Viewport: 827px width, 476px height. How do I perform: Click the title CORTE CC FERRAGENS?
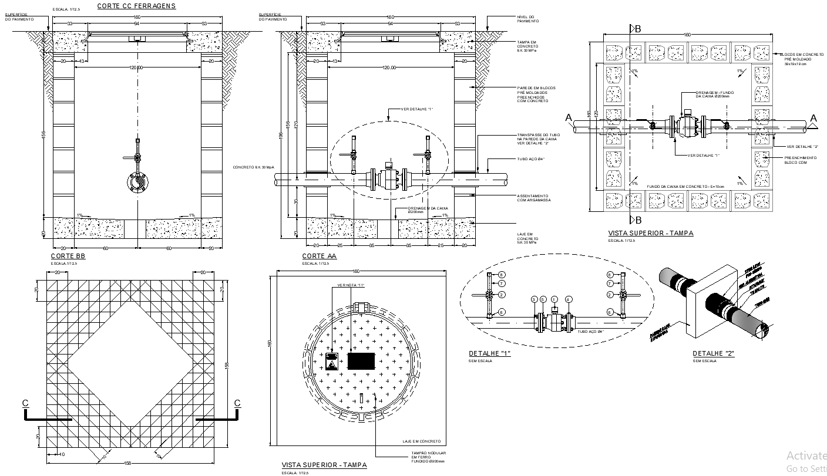pos(136,6)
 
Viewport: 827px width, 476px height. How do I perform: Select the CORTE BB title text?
pos(68,256)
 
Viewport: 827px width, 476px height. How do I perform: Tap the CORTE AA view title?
pos(319,256)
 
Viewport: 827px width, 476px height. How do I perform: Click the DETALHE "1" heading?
pos(489,353)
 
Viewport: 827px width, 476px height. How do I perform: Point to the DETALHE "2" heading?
pos(714,353)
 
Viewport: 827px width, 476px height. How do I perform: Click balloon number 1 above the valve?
pos(554,299)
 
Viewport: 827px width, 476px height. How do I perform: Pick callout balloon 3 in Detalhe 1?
pos(534,299)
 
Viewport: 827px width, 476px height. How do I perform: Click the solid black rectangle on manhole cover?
pos(361,360)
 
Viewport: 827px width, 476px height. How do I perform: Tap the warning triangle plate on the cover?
pos(332,361)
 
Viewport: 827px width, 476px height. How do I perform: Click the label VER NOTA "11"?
pos(351,286)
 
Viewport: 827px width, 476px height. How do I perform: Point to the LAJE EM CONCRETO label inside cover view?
pos(421,441)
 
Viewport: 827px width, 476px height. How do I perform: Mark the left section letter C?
pos(25,403)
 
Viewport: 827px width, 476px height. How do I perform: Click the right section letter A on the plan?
pos(813,119)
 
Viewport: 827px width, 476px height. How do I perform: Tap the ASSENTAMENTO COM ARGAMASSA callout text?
pos(532,198)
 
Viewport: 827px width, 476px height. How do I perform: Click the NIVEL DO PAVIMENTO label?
pos(525,19)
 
